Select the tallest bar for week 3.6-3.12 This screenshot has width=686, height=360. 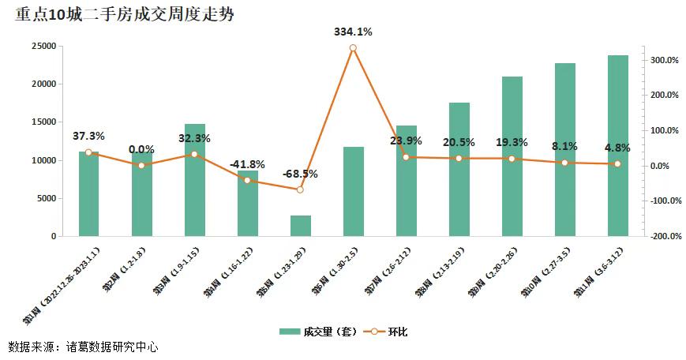pos(618,145)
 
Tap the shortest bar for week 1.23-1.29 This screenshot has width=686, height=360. pos(301,226)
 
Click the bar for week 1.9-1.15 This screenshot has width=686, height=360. pos(195,180)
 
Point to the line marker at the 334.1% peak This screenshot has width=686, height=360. pos(353,48)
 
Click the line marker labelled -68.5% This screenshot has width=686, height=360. pos(300,189)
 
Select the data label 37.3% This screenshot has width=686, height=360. pos(88,136)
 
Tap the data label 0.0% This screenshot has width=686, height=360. pos(141,149)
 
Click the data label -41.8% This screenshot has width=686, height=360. pos(247,164)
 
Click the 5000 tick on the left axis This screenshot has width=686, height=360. pos(44,198)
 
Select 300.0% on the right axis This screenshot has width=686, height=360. pos(665,60)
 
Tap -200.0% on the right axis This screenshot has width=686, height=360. pos(663,236)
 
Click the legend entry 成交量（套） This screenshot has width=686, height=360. pos(319,332)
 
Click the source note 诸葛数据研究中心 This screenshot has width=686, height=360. pos(111,347)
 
